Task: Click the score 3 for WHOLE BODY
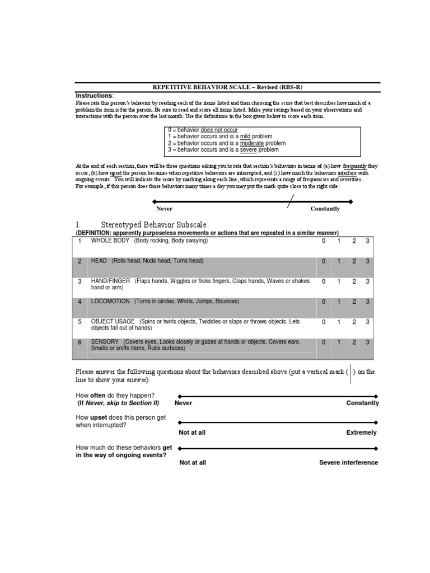368,241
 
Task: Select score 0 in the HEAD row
323,261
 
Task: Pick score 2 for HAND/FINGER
354,281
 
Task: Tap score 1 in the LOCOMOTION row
339,302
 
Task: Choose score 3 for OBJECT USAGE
368,322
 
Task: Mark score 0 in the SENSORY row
323,342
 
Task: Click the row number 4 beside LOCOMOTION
80,302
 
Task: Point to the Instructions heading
95,96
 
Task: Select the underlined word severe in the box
248,150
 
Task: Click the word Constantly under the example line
325,209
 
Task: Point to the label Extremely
361,433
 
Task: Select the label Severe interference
348,463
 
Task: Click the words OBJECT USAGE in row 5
113,321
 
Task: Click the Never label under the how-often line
183,403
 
